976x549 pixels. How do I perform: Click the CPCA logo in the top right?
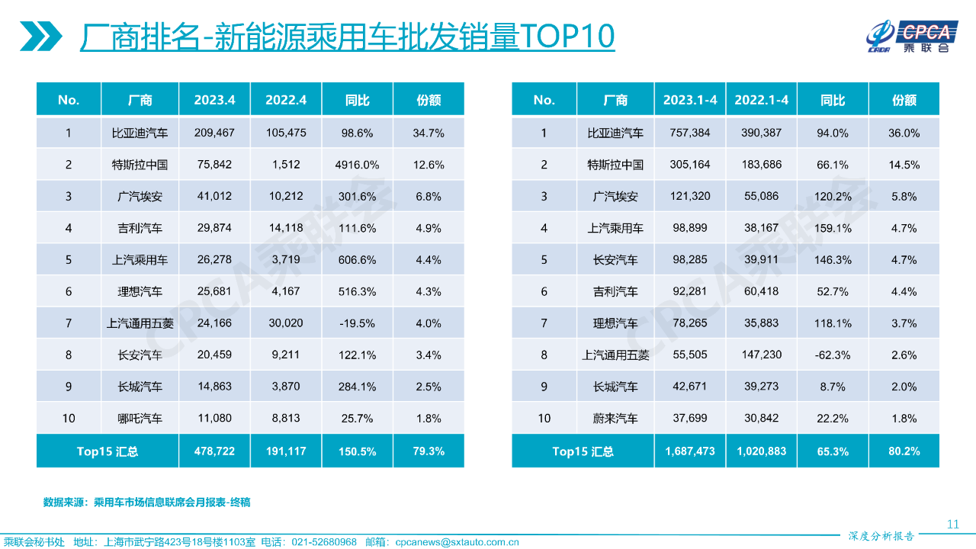(908, 35)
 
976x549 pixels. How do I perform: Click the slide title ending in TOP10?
(347, 36)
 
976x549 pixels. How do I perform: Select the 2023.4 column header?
(214, 100)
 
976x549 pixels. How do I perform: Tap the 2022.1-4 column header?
(760, 100)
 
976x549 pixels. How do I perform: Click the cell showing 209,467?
(214, 133)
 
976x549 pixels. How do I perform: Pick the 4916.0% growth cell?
(358, 165)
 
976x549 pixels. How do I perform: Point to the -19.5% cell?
(358, 323)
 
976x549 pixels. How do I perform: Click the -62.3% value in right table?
(833, 355)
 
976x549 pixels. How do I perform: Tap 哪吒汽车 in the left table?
(140, 419)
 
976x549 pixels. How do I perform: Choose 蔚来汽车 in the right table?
(615, 419)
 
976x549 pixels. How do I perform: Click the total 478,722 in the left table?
(214, 451)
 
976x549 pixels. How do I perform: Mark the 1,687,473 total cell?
(689, 451)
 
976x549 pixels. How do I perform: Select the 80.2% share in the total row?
(904, 451)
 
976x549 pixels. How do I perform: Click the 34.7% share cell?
(428, 133)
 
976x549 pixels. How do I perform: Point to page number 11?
(952, 524)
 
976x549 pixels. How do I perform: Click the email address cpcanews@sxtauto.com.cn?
(457, 542)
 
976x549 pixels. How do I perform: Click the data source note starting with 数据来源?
(146, 502)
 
